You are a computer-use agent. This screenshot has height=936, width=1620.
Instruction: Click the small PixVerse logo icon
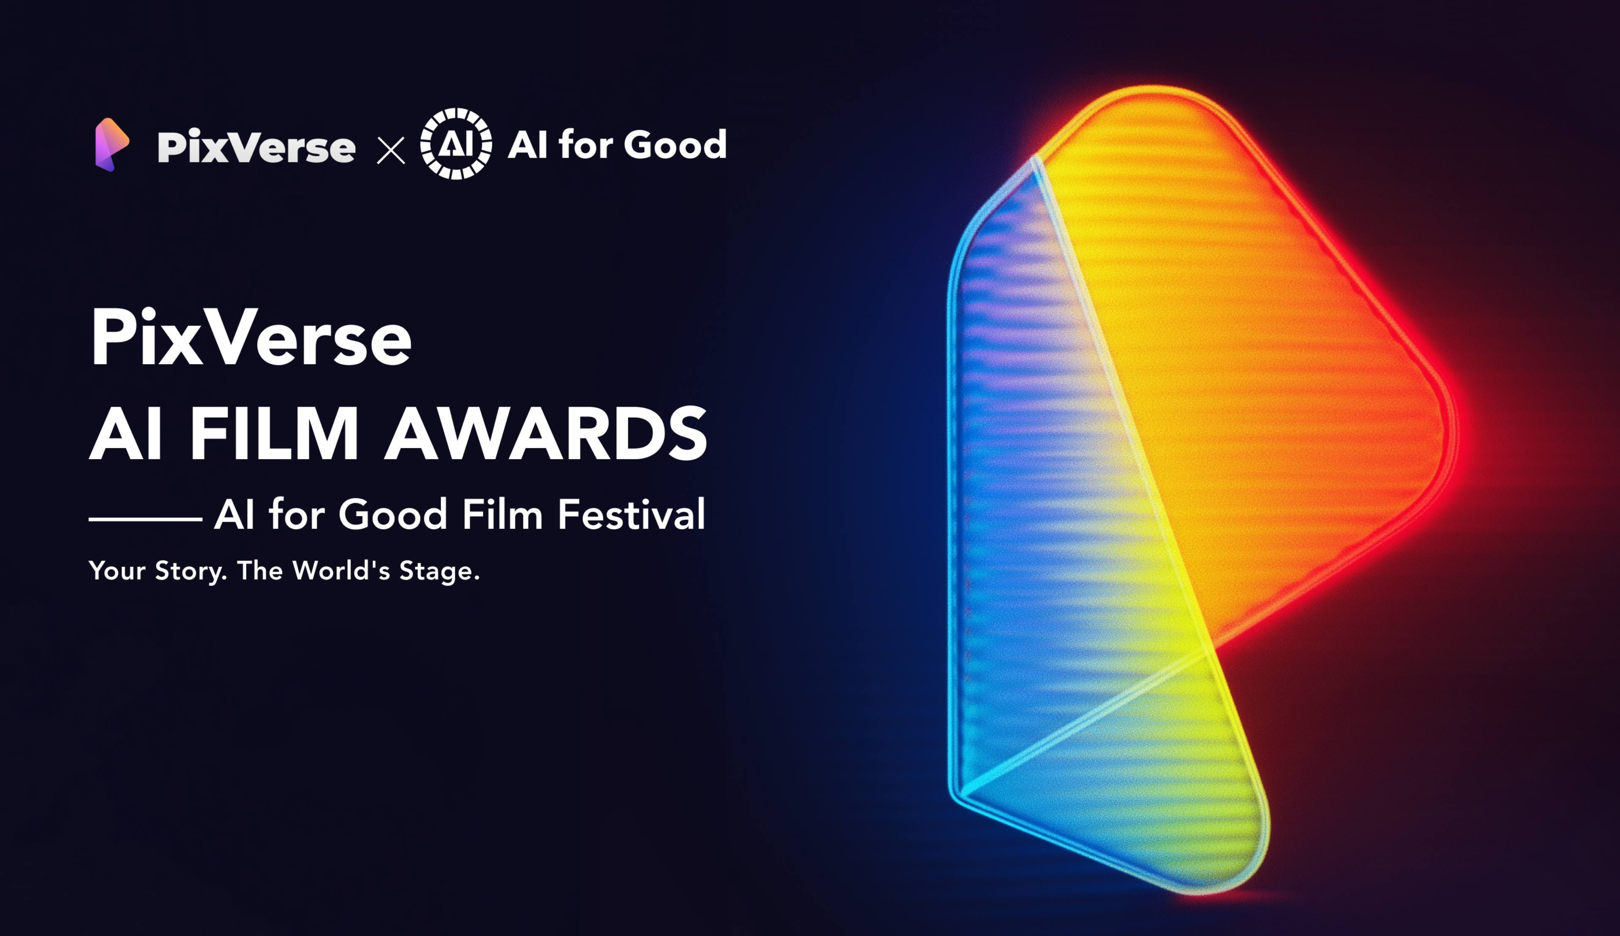click(112, 145)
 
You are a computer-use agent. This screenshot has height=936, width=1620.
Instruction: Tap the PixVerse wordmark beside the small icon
click(256, 147)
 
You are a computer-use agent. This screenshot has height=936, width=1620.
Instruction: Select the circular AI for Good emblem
click(456, 144)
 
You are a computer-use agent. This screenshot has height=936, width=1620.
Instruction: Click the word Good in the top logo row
click(675, 145)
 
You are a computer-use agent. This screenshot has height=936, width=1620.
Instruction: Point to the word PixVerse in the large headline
click(251, 338)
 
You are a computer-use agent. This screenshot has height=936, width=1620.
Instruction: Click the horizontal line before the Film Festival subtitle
click(145, 519)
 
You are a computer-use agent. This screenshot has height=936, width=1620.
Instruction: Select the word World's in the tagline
click(340, 570)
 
